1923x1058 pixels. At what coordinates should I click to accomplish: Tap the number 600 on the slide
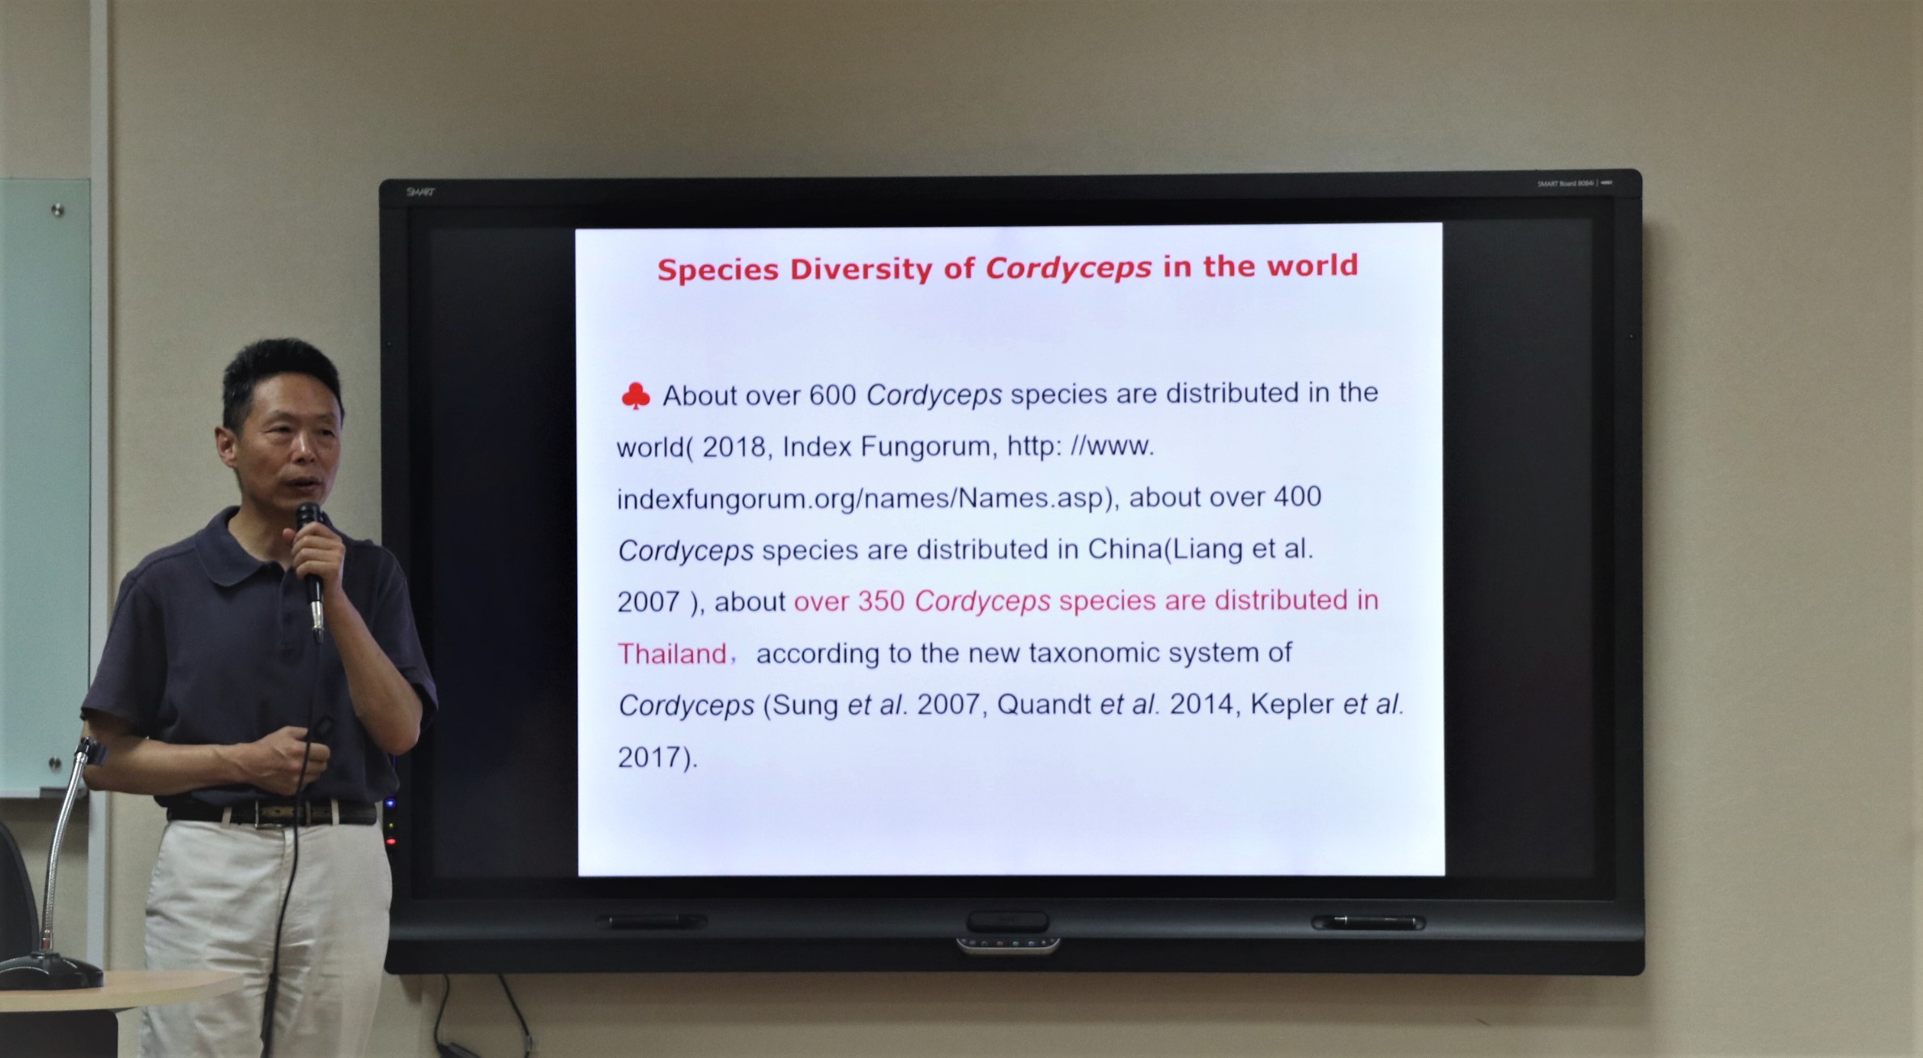click(833, 395)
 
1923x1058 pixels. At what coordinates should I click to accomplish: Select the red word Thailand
click(672, 654)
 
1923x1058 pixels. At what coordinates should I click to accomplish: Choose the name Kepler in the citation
click(1292, 705)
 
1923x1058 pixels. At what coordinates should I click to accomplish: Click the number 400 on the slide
click(1297, 496)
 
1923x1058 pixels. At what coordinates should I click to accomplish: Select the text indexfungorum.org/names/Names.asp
click(860, 498)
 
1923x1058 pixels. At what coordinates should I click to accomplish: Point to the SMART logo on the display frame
click(420, 192)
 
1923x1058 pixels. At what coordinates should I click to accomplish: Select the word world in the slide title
click(1312, 266)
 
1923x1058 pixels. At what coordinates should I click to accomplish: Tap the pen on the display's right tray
click(1368, 922)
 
